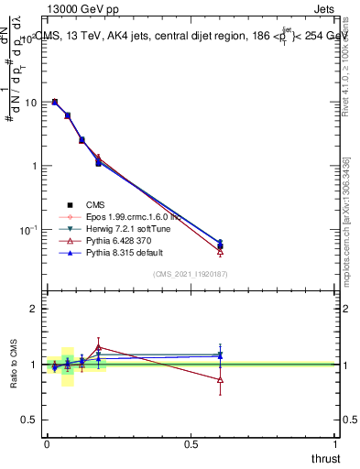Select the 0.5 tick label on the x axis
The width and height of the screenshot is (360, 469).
[x=191, y=442]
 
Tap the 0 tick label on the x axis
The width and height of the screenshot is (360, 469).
[x=47, y=442]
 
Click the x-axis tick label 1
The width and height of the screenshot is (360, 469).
[x=336, y=442]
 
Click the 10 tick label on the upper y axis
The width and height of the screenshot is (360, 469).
[x=30, y=103]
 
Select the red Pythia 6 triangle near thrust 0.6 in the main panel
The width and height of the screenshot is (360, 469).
[x=220, y=251]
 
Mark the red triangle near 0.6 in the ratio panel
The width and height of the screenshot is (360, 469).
[x=220, y=379]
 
